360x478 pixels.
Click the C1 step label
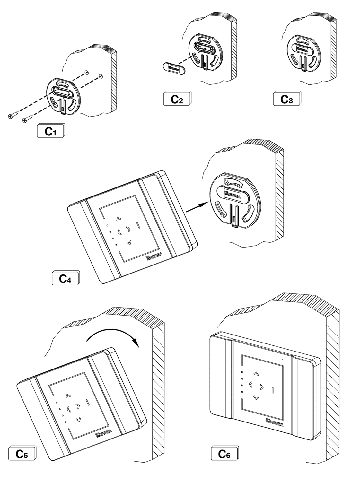(51, 131)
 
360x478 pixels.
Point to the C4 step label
(65, 278)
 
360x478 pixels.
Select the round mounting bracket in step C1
(63, 95)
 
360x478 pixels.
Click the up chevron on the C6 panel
(256, 373)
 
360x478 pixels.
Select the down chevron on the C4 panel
(129, 242)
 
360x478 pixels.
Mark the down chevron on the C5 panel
(78, 419)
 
